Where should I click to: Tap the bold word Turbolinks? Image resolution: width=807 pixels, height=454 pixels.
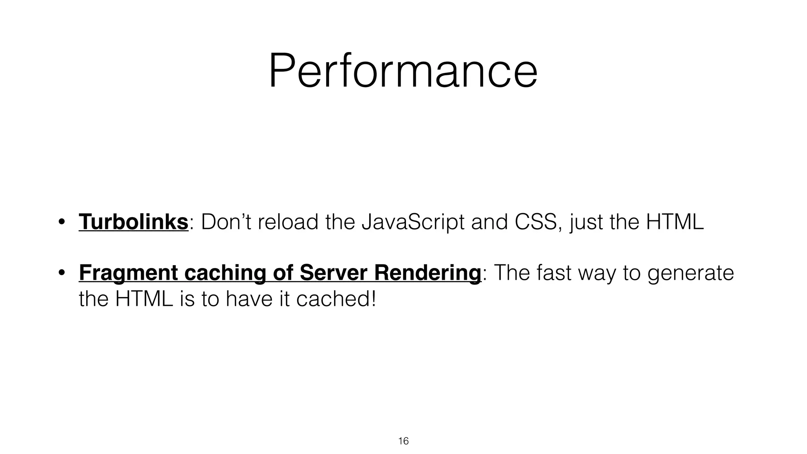tap(133, 222)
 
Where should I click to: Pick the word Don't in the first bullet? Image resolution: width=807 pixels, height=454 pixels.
tap(226, 222)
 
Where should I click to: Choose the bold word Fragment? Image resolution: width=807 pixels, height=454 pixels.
tap(128, 273)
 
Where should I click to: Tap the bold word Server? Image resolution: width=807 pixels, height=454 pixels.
tap(333, 273)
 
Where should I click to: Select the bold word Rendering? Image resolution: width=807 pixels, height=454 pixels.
tap(427, 273)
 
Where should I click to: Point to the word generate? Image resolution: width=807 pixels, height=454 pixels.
tap(690, 273)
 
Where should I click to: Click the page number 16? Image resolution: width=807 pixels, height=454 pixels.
tap(403, 441)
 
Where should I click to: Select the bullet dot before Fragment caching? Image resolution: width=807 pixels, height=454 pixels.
tap(61, 273)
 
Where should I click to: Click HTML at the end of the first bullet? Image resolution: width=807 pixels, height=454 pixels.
tap(675, 222)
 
